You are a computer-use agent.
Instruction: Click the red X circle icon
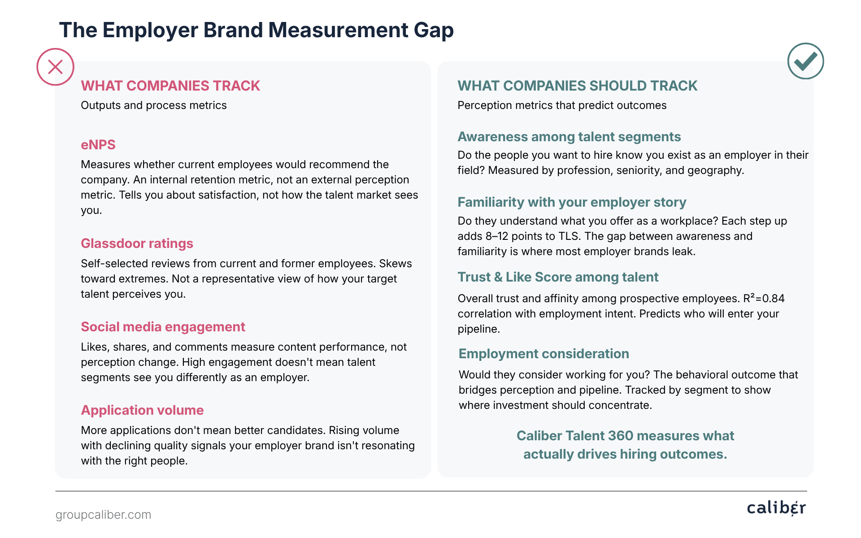55,67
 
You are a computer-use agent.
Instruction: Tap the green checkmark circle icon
805,61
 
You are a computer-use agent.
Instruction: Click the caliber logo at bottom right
776,508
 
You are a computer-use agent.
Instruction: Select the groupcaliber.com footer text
103,515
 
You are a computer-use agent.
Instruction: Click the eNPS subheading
98,145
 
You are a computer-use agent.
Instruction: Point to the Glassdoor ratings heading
137,243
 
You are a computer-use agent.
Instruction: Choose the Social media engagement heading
163,327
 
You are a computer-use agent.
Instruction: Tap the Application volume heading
142,410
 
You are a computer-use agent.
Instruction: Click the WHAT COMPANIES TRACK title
170,86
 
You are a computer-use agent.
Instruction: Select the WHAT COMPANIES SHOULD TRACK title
578,86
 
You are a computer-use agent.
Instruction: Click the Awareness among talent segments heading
569,137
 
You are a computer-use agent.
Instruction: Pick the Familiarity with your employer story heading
572,202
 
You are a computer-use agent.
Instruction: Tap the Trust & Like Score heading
558,277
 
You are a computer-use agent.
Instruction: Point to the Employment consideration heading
544,354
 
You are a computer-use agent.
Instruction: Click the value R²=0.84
764,298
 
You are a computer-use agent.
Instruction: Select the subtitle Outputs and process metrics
154,105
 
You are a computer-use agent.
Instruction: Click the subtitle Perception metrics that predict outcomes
562,105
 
